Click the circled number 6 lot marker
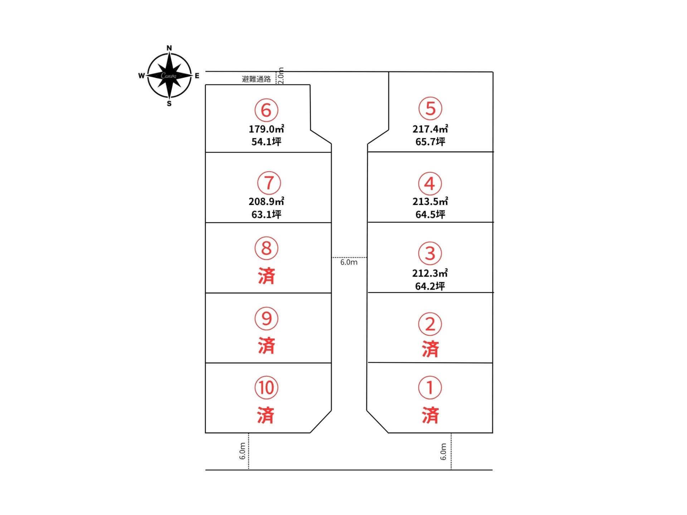266,110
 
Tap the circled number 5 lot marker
430,108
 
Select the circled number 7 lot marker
269,183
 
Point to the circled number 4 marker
430,183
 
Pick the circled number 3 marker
430,253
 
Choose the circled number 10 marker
266,388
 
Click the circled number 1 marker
430,388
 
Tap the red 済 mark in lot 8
267,276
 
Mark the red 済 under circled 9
267,345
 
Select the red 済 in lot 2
430,349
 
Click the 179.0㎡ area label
267,129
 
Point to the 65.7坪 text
430,142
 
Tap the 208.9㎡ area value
267,201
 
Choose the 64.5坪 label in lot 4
430,214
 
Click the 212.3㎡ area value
430,273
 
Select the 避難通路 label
256,79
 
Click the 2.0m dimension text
281,75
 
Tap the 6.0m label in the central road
349,262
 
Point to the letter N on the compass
169,48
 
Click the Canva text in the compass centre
169,75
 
